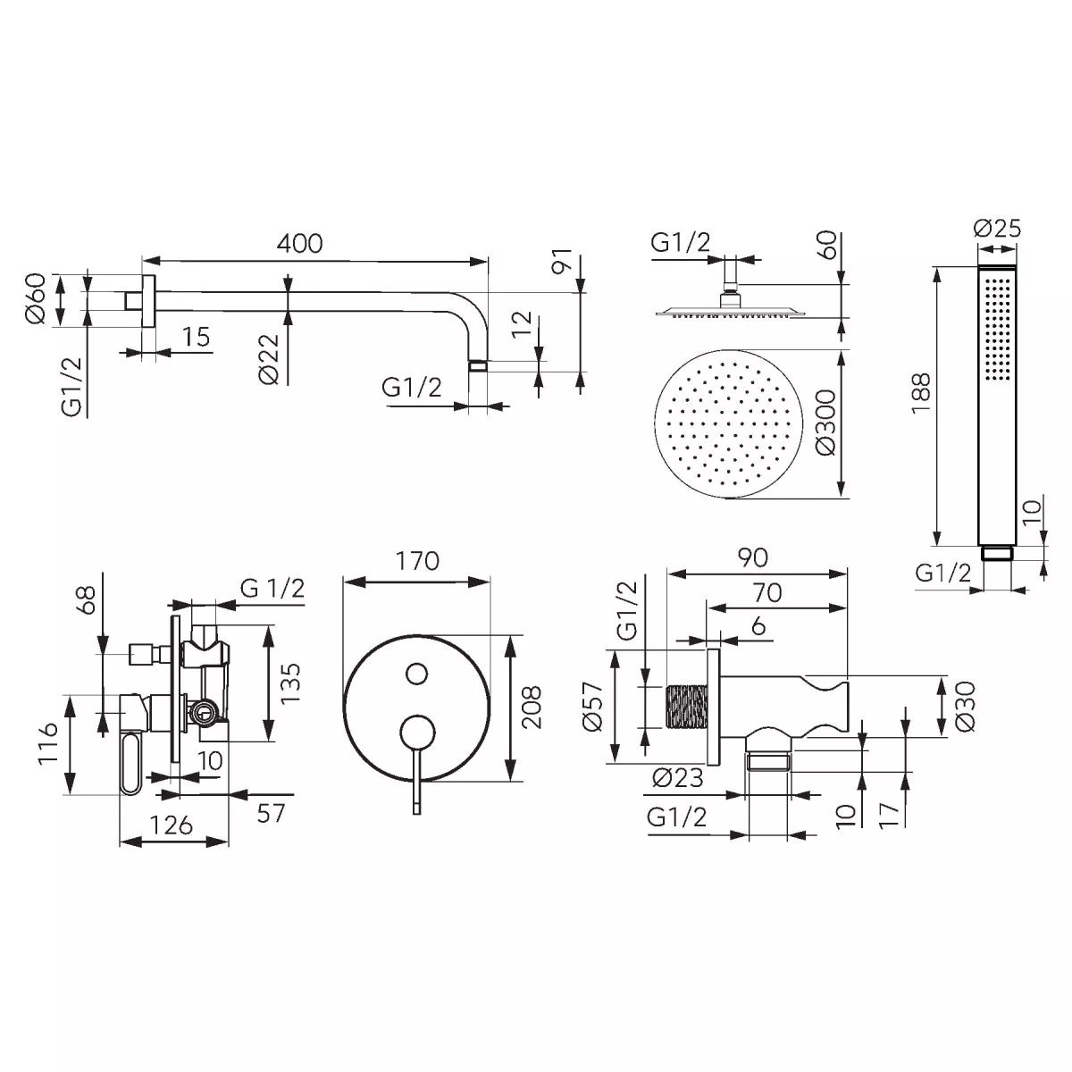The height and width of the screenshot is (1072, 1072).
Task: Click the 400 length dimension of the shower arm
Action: pyautogui.click(x=299, y=243)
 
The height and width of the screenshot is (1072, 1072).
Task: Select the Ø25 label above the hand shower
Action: pyautogui.click(x=997, y=229)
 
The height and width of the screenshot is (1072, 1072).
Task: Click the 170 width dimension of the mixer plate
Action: pyautogui.click(x=417, y=561)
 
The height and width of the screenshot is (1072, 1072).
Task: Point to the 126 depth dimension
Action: pyautogui.click(x=172, y=825)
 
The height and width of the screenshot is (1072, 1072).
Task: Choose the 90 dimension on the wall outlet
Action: pyautogui.click(x=753, y=557)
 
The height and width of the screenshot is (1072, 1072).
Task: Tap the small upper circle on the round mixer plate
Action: pyautogui.click(x=416, y=674)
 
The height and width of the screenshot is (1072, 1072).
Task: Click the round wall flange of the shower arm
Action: pyautogui.click(x=147, y=300)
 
